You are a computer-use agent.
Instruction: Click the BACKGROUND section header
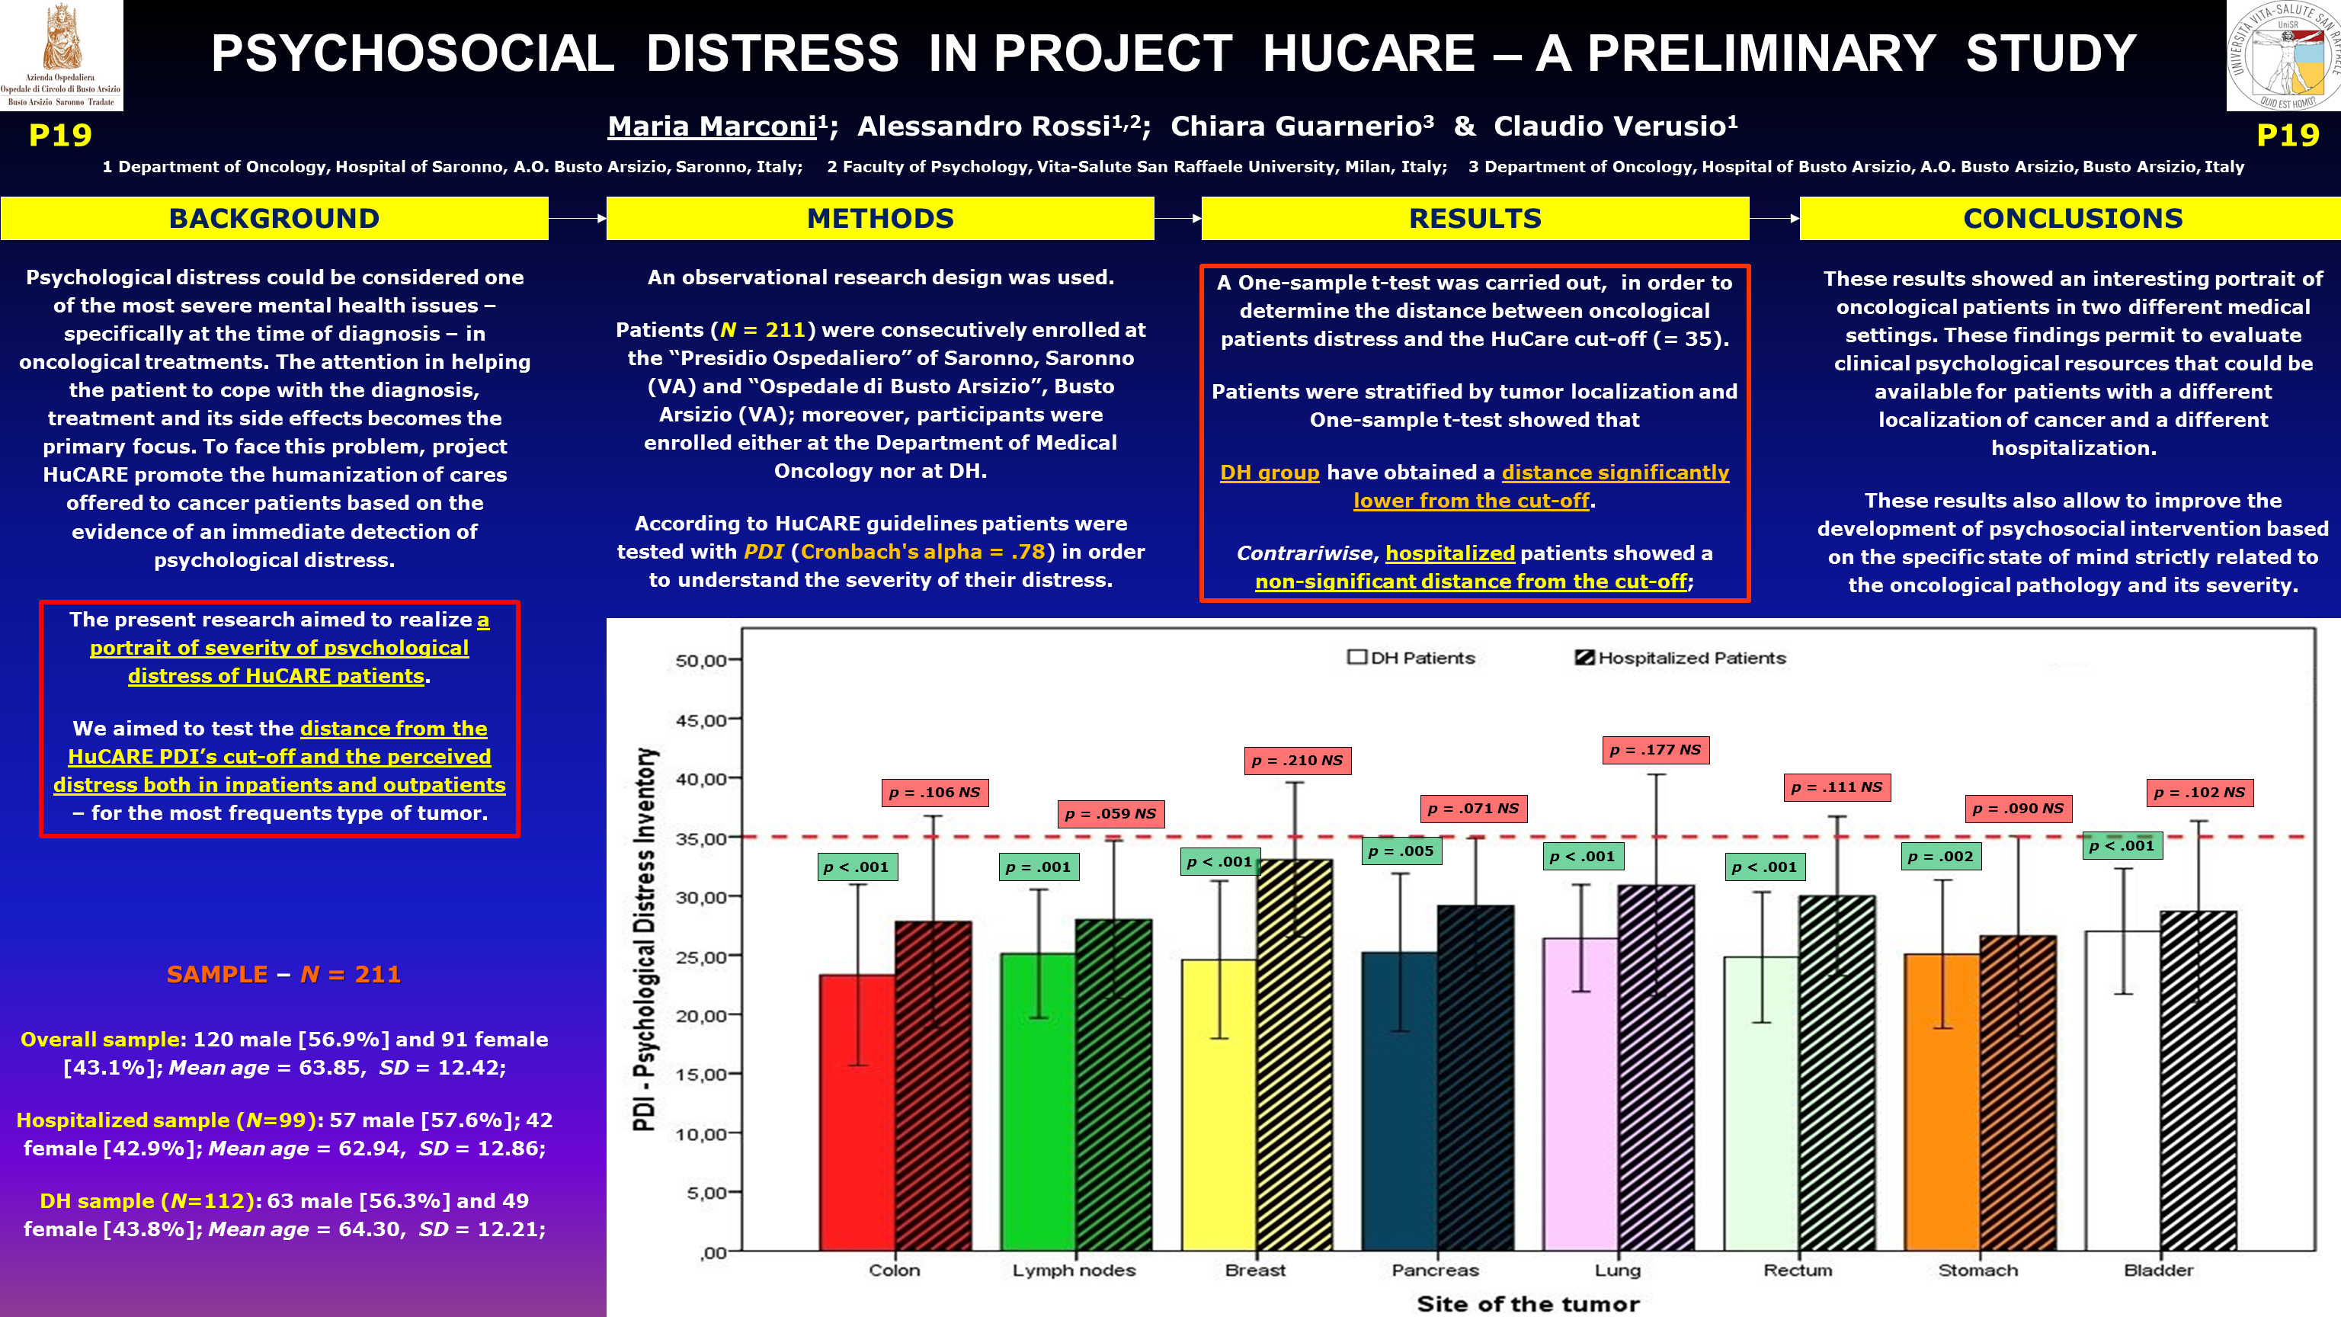[274, 218]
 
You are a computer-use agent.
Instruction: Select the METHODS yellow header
[879, 218]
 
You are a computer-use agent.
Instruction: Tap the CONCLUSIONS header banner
[2072, 218]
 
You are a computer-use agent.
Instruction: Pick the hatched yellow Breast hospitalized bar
[1295, 1054]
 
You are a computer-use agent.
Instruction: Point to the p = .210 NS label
[1297, 760]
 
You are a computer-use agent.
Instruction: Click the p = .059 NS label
[1110, 813]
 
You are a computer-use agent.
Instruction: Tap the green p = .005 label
[1401, 851]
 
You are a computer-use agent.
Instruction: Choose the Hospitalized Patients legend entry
[1680, 657]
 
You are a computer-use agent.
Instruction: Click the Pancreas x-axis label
[1435, 1270]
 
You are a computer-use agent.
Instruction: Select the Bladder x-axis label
[2158, 1270]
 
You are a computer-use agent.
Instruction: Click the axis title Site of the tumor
[1529, 1303]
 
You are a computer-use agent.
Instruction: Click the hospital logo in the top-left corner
[61, 55]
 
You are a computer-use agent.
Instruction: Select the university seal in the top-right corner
[2284, 55]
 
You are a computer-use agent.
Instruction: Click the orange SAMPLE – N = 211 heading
[283, 974]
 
